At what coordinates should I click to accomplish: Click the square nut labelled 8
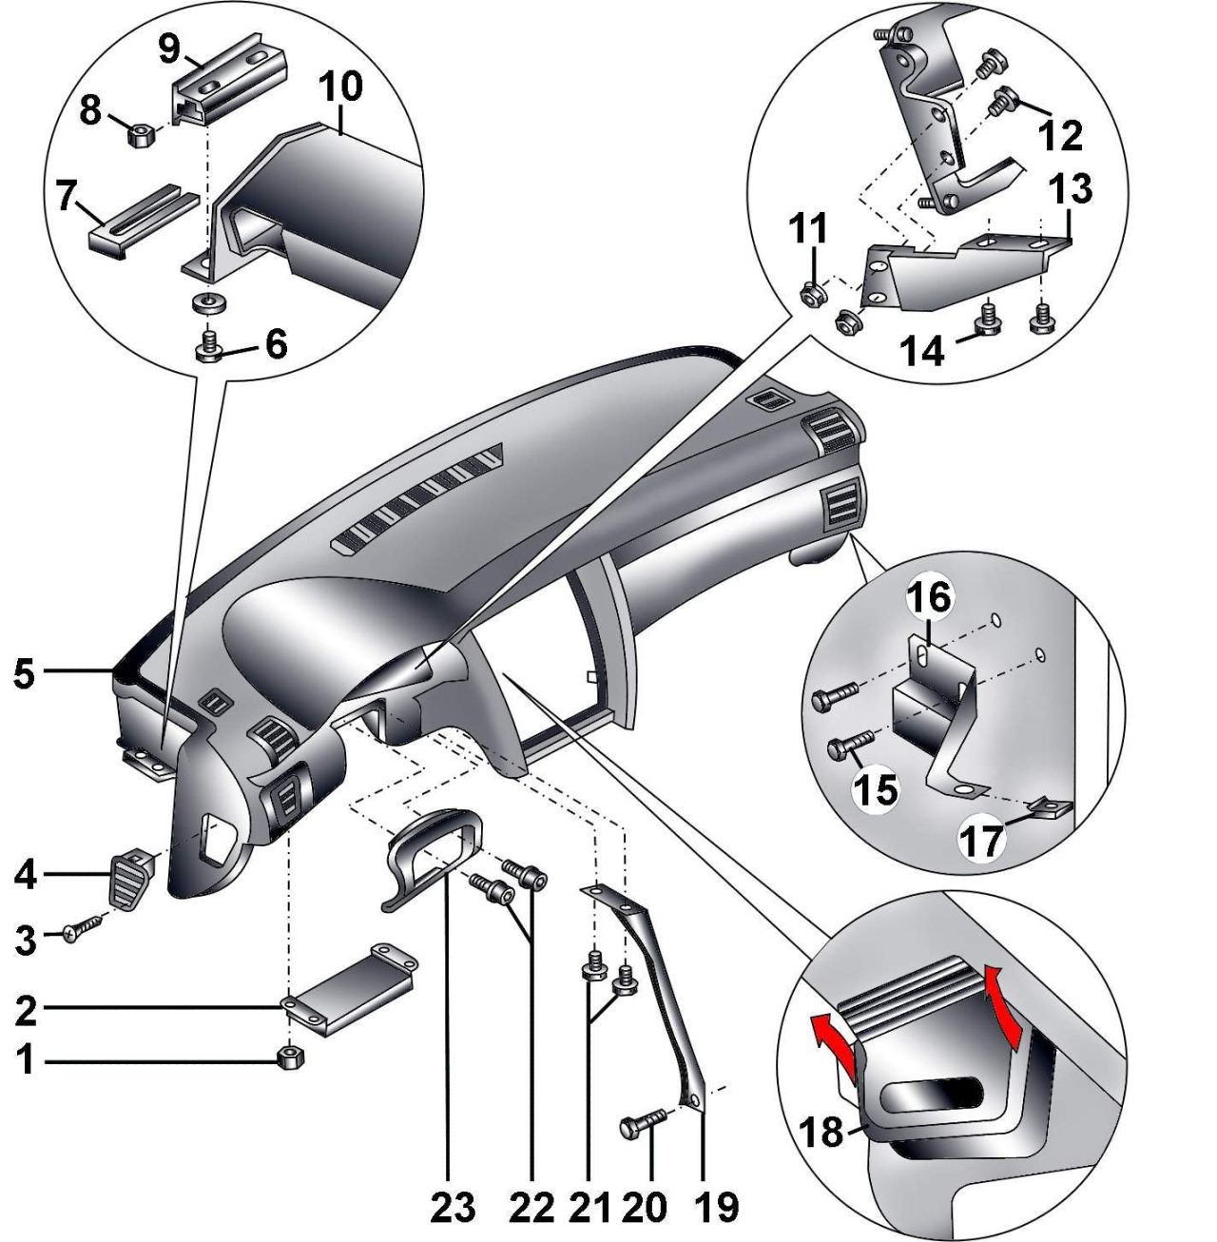click(139, 136)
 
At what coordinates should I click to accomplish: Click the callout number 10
click(342, 88)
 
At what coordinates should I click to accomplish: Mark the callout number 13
click(1071, 191)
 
